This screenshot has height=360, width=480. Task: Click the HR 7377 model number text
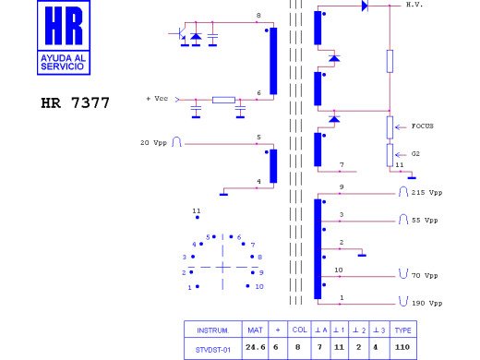76,102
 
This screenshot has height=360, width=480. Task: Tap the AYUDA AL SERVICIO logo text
63,62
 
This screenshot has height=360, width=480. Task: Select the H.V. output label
414,5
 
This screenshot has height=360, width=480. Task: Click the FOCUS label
423,126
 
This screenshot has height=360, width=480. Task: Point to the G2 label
415,153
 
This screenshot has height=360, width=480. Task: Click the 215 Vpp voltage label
426,193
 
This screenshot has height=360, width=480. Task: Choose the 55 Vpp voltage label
425,221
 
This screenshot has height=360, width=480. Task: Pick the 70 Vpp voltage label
425,275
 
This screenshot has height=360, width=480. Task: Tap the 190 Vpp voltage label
426,303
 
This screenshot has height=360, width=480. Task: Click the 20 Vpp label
153,143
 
